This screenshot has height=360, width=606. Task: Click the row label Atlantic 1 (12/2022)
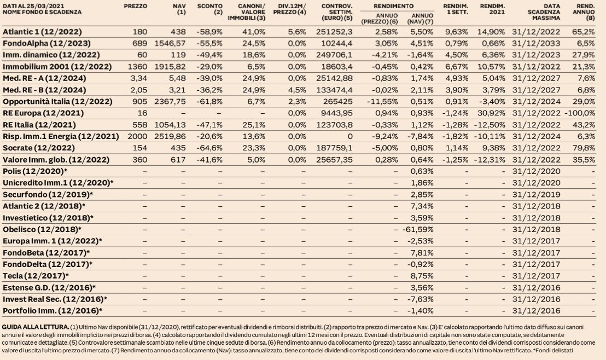pos(42,32)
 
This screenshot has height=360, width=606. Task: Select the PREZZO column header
pos(135,6)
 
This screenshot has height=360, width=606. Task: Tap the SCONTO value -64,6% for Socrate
pos(209,148)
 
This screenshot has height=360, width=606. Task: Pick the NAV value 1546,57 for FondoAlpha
pos(170,43)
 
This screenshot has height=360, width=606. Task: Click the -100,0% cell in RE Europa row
pos(580,113)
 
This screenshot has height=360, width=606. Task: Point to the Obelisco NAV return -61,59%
pos(418,229)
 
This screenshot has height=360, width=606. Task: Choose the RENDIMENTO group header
pos(393,6)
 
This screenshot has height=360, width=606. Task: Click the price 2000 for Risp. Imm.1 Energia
pos(137,136)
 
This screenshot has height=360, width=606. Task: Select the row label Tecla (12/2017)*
pos(36,276)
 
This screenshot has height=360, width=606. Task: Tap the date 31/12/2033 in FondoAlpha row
pos(536,43)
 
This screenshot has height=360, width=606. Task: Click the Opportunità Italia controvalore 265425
pos(338,102)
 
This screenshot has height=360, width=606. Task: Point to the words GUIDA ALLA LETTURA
pos(36,327)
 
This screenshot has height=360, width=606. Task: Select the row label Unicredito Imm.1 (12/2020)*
pos(58,183)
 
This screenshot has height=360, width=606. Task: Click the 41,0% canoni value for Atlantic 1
pos(254,32)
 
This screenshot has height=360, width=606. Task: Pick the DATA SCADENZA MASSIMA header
pos(544,12)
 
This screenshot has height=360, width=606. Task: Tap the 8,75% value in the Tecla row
pos(422,276)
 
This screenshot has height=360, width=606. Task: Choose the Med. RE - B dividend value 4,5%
pos(297,90)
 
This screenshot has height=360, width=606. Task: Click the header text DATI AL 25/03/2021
pos(33,6)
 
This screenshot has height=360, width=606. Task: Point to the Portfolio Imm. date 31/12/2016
pos(536,311)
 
